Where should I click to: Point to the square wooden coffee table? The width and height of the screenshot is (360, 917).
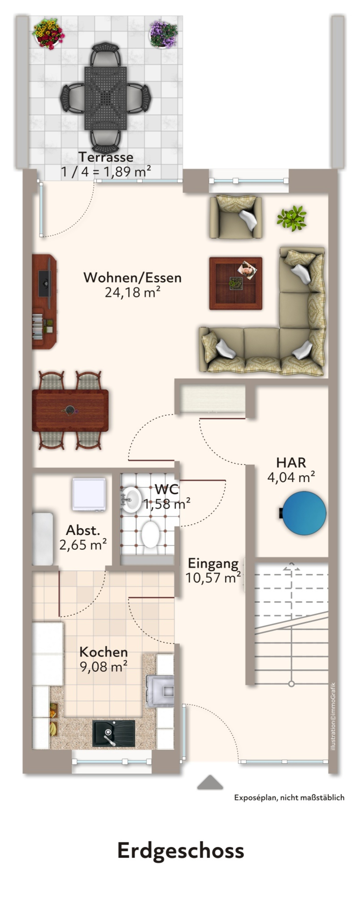pos(236,283)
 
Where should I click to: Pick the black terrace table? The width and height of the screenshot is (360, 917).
pos(105,98)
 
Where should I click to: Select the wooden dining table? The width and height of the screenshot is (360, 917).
pos(70,410)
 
